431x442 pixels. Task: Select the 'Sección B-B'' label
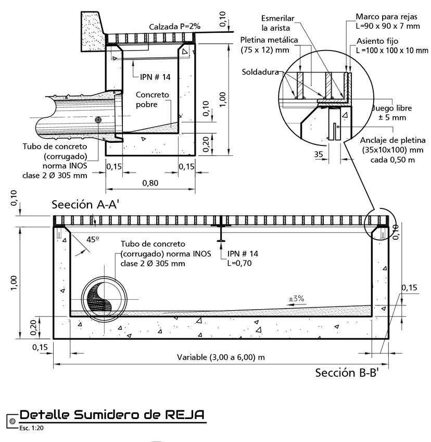[x=347, y=373]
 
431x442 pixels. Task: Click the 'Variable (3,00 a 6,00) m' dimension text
[x=221, y=358]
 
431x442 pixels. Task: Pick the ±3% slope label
[x=297, y=299]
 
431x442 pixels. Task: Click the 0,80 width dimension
[x=150, y=183]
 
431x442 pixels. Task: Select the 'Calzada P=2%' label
[x=175, y=26]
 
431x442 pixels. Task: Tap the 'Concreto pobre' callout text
[x=152, y=100]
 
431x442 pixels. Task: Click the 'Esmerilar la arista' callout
[x=278, y=23]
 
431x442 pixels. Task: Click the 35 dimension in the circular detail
[x=319, y=154]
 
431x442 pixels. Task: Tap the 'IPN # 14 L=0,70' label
[x=243, y=259]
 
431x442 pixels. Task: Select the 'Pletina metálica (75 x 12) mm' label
[x=269, y=45]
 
